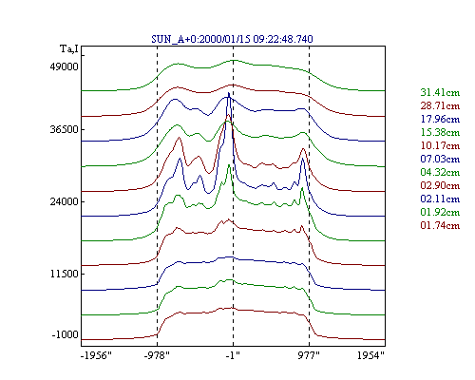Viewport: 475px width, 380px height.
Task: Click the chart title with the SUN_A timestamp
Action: point(232,39)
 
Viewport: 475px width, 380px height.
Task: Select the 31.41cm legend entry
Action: point(440,92)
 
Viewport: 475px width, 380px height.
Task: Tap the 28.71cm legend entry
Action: point(440,105)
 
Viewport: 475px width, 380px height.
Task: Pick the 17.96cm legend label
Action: point(440,119)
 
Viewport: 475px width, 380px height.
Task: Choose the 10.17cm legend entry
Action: point(440,145)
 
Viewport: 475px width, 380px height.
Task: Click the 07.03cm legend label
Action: point(440,159)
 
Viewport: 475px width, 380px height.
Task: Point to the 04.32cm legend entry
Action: point(440,172)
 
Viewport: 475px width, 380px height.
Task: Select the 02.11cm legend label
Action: point(440,199)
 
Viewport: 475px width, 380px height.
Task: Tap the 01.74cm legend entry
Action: point(440,225)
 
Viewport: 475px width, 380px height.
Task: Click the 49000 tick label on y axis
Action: point(64,66)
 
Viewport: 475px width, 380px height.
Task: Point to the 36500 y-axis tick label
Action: point(64,129)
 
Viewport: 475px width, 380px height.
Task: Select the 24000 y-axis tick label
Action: point(64,201)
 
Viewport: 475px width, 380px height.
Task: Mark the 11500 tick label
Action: point(64,274)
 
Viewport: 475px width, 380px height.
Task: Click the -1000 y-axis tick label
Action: point(65,334)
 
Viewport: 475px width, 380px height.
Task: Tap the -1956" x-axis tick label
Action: point(96,355)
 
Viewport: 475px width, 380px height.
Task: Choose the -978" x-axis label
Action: point(157,355)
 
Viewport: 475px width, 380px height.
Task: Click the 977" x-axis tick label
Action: point(309,355)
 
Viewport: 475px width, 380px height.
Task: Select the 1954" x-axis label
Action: point(370,355)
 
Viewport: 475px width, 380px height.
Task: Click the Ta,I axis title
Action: point(69,49)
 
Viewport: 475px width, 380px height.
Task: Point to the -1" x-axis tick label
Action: point(233,355)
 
